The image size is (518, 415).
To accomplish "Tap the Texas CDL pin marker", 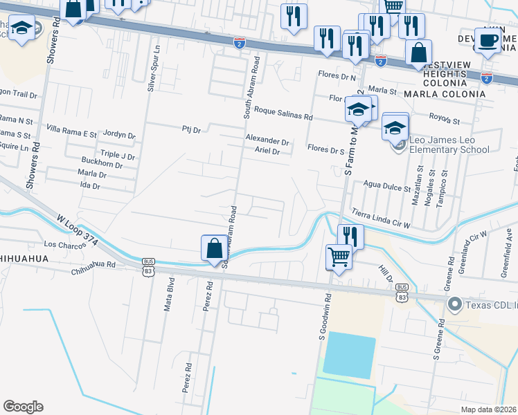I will click(x=455, y=304).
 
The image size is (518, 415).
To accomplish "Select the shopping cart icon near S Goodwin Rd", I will click(x=339, y=257).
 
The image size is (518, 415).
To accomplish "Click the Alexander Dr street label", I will click(x=267, y=140).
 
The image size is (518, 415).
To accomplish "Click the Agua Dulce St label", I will click(x=388, y=185).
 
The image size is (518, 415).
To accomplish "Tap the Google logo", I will click(x=23, y=407).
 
